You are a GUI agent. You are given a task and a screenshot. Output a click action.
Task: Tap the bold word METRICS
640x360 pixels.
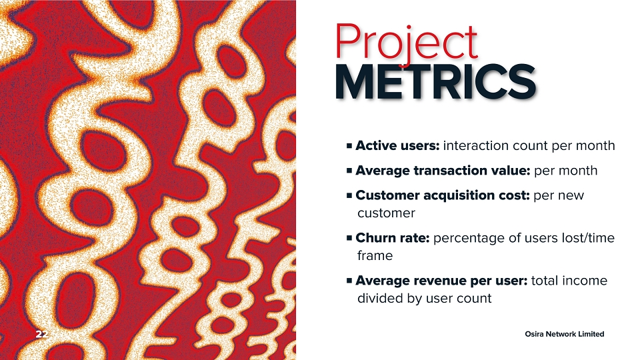pyautogui.click(x=435, y=82)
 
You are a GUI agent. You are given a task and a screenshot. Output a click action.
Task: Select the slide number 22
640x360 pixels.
pyautogui.click(x=41, y=334)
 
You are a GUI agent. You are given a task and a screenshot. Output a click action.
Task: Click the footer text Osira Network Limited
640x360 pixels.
pyautogui.click(x=565, y=334)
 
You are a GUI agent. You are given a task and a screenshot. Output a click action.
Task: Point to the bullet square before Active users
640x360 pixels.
pyautogui.click(x=349, y=145)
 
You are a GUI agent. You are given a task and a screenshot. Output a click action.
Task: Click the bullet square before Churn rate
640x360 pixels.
pyautogui.click(x=349, y=237)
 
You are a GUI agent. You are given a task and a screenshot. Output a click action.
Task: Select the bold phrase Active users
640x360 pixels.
pyautogui.click(x=397, y=146)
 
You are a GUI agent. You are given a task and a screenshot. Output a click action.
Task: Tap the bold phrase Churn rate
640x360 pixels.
pyautogui.click(x=393, y=237)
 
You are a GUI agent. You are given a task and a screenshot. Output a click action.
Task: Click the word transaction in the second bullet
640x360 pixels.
pyautogui.click(x=453, y=170)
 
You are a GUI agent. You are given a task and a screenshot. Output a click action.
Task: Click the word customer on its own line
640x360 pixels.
pyautogui.click(x=386, y=213)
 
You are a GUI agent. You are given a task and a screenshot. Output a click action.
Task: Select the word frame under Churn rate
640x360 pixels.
pyautogui.click(x=375, y=255)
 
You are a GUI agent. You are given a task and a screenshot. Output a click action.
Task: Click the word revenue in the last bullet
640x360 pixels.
pyautogui.click(x=440, y=281)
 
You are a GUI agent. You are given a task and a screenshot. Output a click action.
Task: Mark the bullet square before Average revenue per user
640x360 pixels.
pyautogui.click(x=349, y=281)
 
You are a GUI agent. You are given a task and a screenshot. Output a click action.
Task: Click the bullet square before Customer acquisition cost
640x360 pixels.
pyautogui.click(x=349, y=195)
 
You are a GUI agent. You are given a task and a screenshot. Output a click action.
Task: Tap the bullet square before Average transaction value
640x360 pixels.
pyautogui.click(x=349, y=170)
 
